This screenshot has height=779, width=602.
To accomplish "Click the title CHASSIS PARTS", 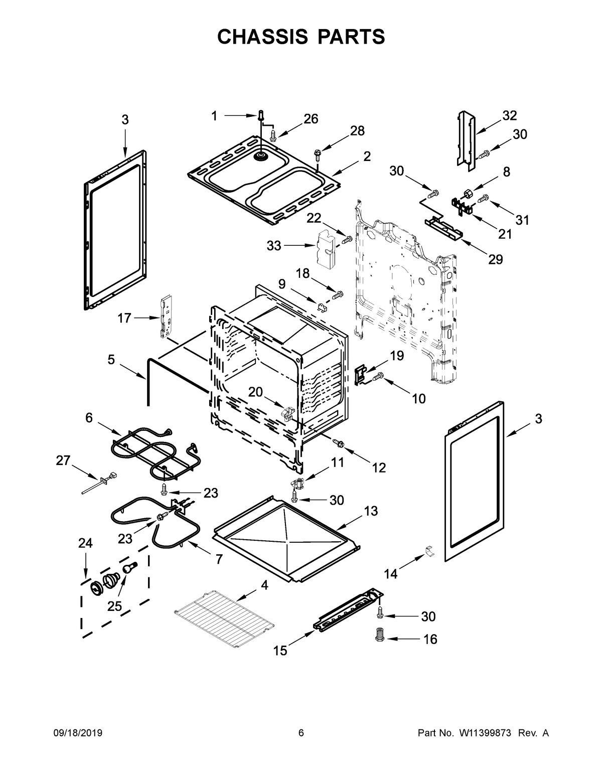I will [301, 37].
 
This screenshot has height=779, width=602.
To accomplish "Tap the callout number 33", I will [274, 246].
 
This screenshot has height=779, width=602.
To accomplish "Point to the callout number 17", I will [124, 318].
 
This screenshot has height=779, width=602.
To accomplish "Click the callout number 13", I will [371, 511].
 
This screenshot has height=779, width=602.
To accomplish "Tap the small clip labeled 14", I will [429, 551].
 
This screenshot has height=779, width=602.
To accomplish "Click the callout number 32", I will [509, 115].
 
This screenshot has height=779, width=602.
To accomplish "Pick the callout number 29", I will [495, 259].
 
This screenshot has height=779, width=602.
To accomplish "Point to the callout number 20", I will [256, 392].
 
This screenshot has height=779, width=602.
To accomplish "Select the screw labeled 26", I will [273, 135].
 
